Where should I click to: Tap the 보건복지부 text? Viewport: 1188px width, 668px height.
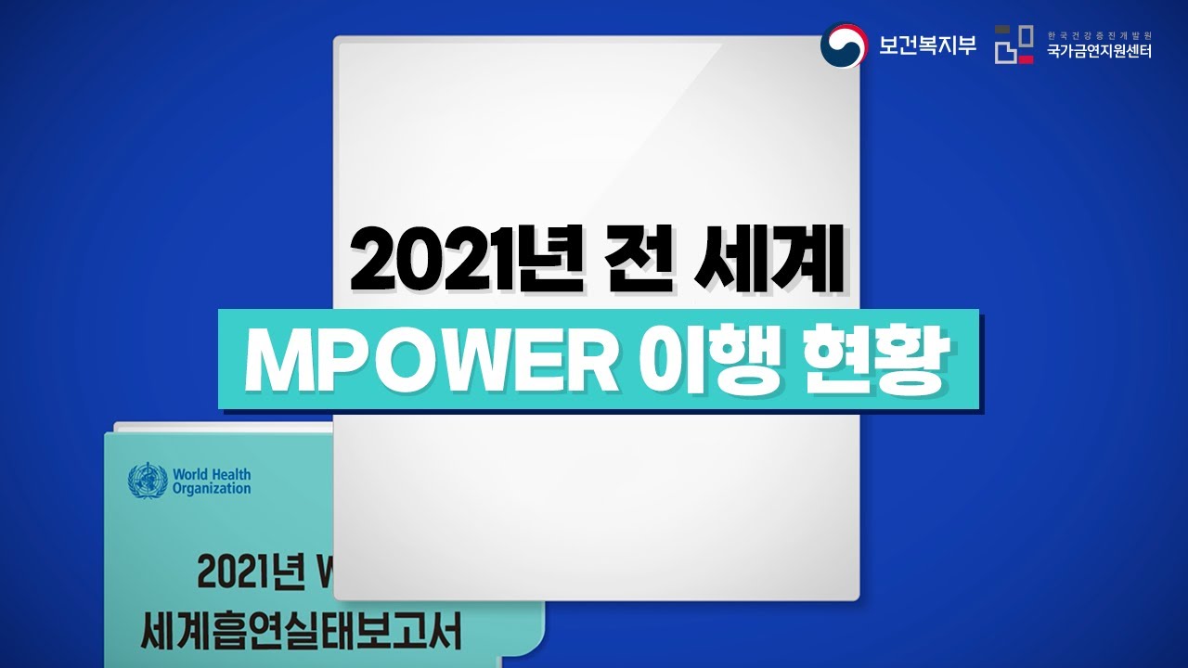tap(927, 45)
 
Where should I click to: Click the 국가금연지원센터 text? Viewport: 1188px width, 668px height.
tap(1098, 53)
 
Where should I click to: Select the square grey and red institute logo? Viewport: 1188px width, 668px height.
tap(1014, 45)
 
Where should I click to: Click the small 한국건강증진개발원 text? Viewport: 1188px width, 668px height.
tap(1098, 32)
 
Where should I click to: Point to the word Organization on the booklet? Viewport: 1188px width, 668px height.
tap(211, 489)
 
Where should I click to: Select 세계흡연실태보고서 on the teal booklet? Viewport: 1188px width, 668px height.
tap(301, 633)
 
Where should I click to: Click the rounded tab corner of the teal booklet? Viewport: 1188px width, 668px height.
tap(536, 640)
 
